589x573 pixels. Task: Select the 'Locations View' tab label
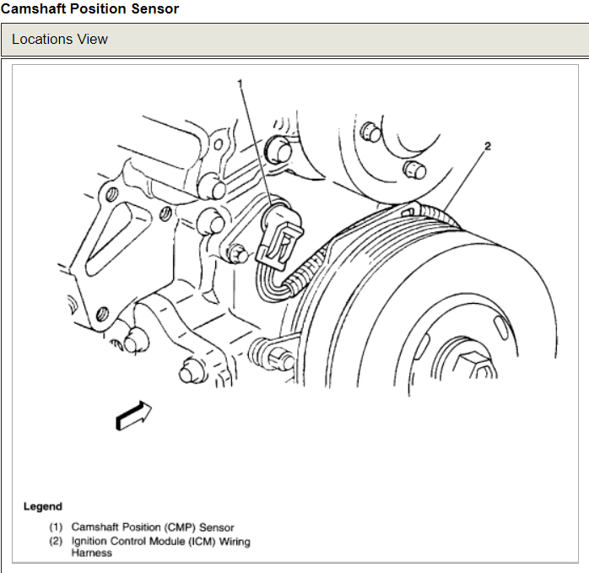point(60,40)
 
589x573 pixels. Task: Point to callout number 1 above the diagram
point(240,83)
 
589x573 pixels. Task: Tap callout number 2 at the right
point(487,146)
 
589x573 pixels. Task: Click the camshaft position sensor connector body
point(282,233)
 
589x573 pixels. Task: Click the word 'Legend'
point(42,506)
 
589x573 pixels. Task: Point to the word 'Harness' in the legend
point(91,553)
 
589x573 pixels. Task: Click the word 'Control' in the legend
point(125,541)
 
